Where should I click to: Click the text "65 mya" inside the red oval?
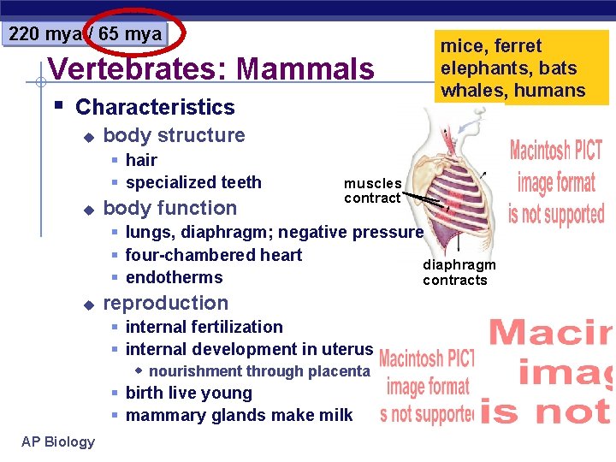(130, 34)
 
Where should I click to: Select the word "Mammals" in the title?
(305, 68)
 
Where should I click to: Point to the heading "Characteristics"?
(155, 107)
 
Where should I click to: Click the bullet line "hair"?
(141, 160)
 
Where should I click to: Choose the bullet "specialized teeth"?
(193, 182)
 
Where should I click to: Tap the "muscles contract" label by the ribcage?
(372, 190)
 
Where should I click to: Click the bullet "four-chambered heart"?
(214, 255)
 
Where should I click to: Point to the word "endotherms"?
(174, 277)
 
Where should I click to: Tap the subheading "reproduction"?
(166, 303)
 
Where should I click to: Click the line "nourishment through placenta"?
(259, 371)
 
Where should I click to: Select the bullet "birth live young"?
(189, 394)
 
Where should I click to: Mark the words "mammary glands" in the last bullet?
(190, 416)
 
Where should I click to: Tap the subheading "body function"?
(170, 208)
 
